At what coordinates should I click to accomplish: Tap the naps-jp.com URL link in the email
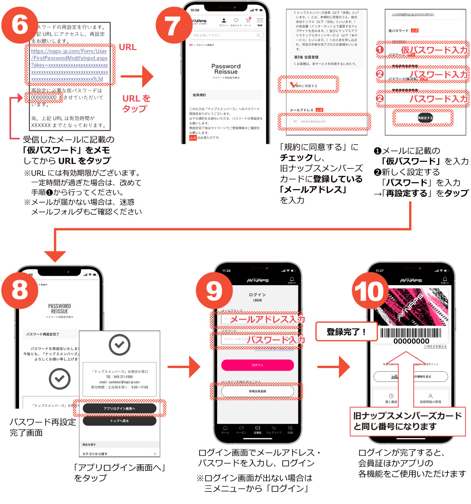coord(69,65)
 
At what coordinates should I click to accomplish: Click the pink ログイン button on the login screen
coord(257,365)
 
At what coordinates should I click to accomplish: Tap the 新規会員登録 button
coord(257,391)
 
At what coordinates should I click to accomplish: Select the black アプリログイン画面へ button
coord(119,409)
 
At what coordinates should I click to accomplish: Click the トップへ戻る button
coord(119,421)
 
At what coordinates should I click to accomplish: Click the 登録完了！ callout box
coord(346,332)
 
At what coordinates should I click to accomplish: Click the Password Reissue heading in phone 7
coord(226,69)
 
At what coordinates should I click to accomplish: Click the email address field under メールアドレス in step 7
coord(324,121)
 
